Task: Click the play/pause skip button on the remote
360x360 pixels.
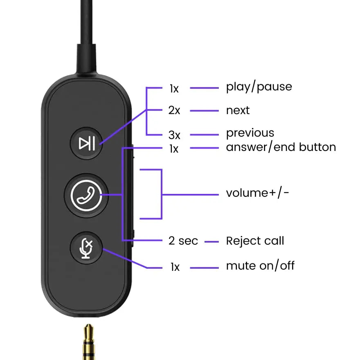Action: click(87, 143)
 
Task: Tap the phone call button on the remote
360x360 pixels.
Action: click(86, 195)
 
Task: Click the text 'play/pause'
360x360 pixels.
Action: click(259, 87)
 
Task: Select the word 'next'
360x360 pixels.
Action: click(238, 110)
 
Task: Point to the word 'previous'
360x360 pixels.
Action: click(250, 133)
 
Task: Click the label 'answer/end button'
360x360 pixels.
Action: click(281, 147)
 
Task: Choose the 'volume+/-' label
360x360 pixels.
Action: click(257, 193)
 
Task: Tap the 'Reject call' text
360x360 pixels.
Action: click(255, 241)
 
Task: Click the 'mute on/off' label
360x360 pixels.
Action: click(260, 266)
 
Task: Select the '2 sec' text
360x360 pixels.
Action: click(183, 241)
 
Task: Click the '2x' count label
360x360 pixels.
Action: click(174, 110)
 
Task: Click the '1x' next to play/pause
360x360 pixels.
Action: click(174, 88)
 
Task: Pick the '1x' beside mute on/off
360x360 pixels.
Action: click(175, 268)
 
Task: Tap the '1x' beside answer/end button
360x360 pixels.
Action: click(174, 149)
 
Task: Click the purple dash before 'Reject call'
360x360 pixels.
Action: click(211, 242)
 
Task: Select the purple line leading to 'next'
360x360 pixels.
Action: click(205, 111)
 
